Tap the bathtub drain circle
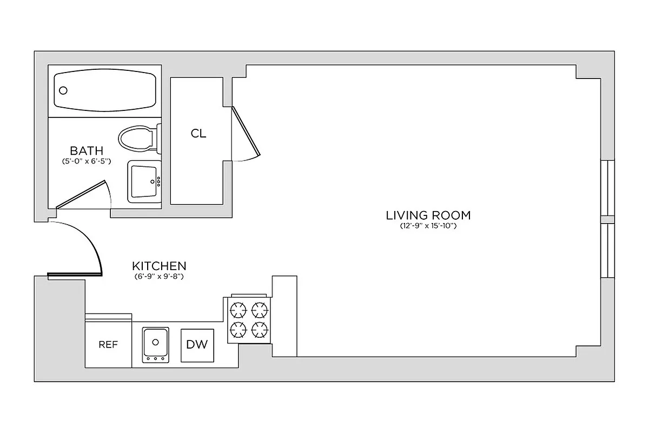point(63,91)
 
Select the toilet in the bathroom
point(137,138)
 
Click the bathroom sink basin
point(143,181)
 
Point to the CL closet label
point(198,134)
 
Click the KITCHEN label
point(159,266)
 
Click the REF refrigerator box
point(108,345)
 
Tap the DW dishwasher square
point(197,344)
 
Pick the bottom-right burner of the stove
point(260,329)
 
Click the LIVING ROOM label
point(428,215)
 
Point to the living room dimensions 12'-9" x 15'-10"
point(428,226)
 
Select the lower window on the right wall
point(608,250)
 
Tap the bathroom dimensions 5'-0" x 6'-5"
point(87,161)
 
